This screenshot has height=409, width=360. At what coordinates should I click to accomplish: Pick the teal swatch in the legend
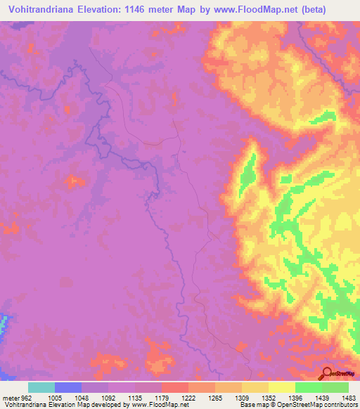(x=41, y=387)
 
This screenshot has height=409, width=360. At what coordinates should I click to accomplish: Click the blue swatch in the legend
(x=67, y=387)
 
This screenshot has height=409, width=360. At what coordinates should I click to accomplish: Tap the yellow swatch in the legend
(x=281, y=387)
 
